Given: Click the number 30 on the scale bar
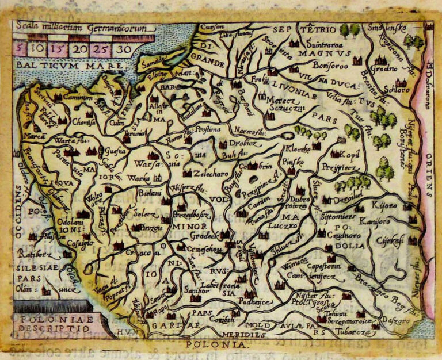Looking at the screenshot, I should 122,49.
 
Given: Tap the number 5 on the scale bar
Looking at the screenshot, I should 20,49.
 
